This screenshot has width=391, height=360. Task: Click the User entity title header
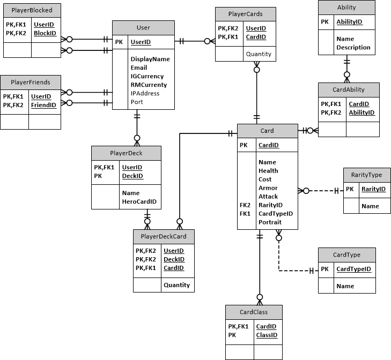pyautogui.click(x=143, y=27)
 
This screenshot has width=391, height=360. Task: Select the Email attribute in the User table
pyautogui.click(x=139, y=68)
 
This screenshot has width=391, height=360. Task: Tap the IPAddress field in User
pyautogui.click(x=144, y=93)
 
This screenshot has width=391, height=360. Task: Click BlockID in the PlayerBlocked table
pyautogui.click(x=45, y=33)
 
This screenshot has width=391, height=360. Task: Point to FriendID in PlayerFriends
pyautogui.click(x=43, y=106)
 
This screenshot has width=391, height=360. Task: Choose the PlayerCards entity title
pyautogui.click(x=246, y=13)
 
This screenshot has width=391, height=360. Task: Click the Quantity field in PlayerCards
pyautogui.click(x=259, y=54)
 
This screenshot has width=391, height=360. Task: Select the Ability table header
pyautogui.click(x=346, y=7)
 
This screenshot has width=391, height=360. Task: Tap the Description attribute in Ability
pyautogui.click(x=353, y=48)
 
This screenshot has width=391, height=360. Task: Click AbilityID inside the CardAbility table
pyautogui.click(x=362, y=113)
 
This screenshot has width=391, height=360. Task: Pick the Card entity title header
pyautogui.click(x=267, y=131)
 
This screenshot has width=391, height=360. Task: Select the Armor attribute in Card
pyautogui.click(x=268, y=188)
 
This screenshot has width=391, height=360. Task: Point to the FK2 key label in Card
pyautogui.click(x=246, y=205)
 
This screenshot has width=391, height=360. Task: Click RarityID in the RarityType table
pyautogui.click(x=373, y=189)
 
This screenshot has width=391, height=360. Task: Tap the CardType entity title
pyautogui.click(x=346, y=255)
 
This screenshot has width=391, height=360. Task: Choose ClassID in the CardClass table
pyautogui.click(x=266, y=335)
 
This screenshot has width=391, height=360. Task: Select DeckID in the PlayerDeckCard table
pyautogui.click(x=173, y=259)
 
